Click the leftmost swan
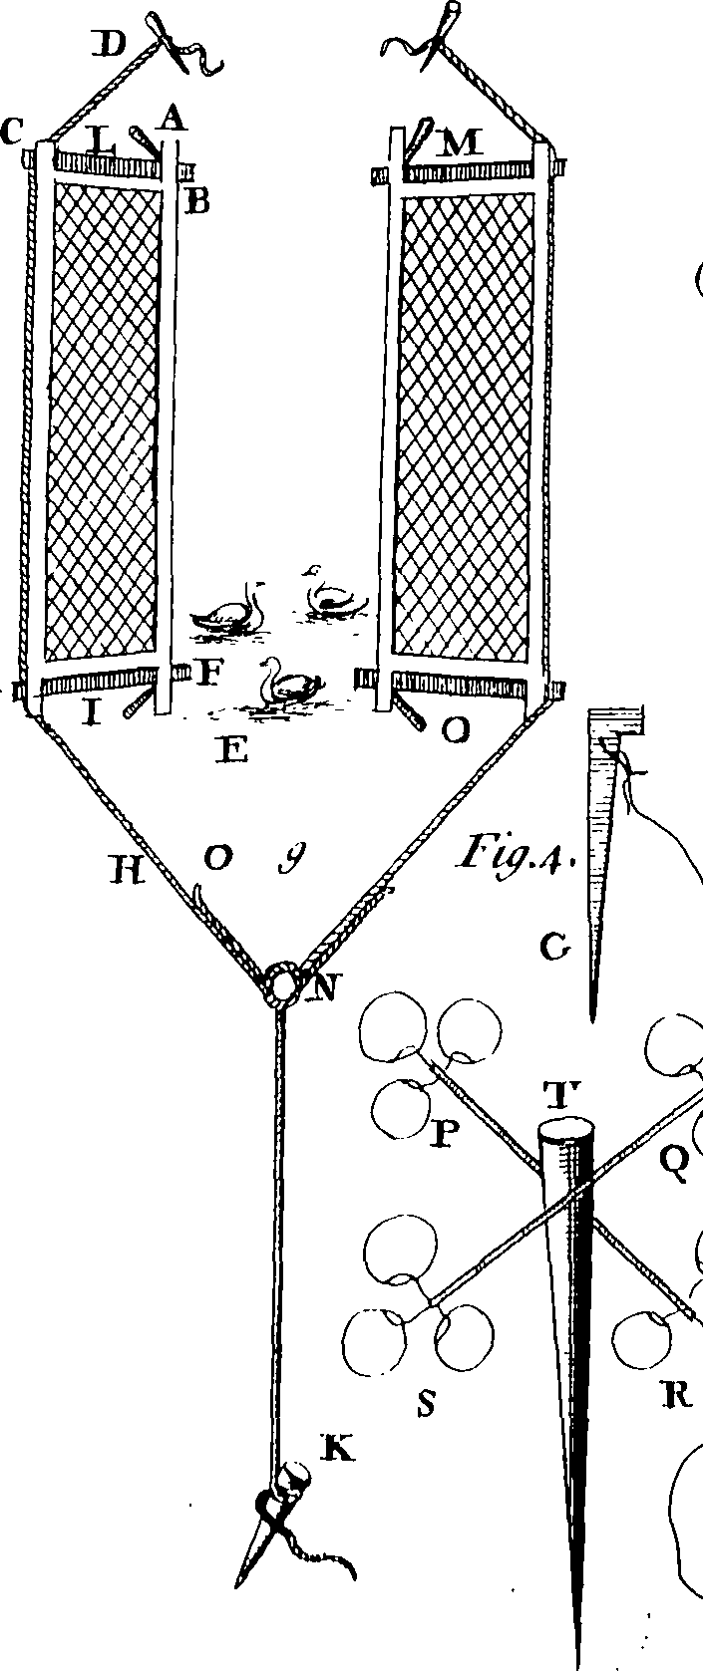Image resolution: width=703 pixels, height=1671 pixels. point(231,615)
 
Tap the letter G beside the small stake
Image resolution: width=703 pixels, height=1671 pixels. point(553,948)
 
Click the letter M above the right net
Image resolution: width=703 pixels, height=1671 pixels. point(462,143)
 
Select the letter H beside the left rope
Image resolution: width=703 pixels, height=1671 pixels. point(127,871)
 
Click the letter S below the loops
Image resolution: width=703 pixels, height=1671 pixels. point(428,1402)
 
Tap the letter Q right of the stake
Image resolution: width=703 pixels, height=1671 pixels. point(675,1162)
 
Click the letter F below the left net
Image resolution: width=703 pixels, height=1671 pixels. point(209,674)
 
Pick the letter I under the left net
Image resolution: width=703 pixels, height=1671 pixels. point(91,712)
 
